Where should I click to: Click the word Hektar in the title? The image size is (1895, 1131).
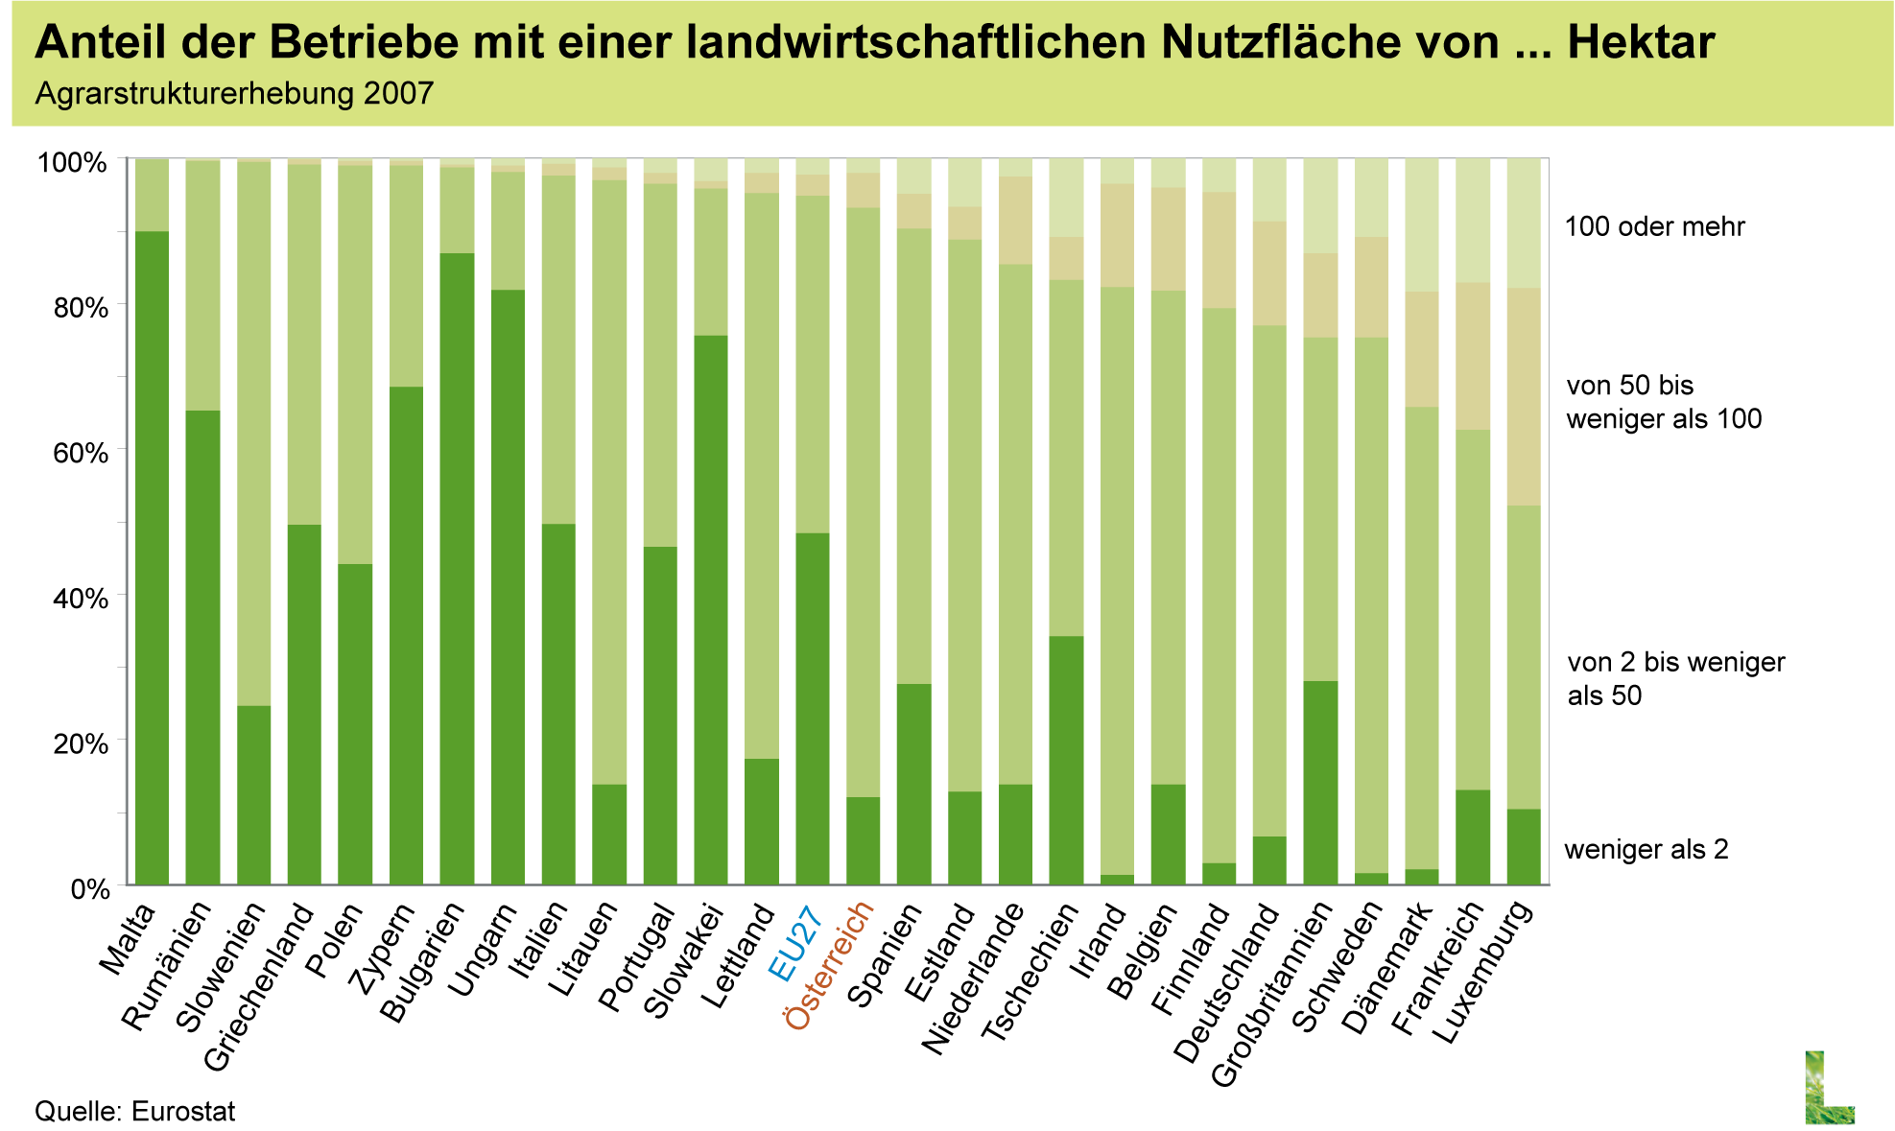1641,43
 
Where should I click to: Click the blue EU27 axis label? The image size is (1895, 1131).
794,944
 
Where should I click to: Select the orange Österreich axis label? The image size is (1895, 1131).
829,967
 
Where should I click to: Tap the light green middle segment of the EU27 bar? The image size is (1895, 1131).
813,365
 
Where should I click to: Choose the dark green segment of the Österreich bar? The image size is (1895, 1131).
864,840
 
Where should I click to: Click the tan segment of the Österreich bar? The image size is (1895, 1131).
864,191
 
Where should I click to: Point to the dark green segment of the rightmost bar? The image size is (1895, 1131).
1523,846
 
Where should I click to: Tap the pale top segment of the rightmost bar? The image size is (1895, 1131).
1523,224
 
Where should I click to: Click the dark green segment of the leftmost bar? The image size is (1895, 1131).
152,557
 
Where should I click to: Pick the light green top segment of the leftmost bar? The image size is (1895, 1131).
152,196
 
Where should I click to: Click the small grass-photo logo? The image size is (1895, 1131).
1829,1087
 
